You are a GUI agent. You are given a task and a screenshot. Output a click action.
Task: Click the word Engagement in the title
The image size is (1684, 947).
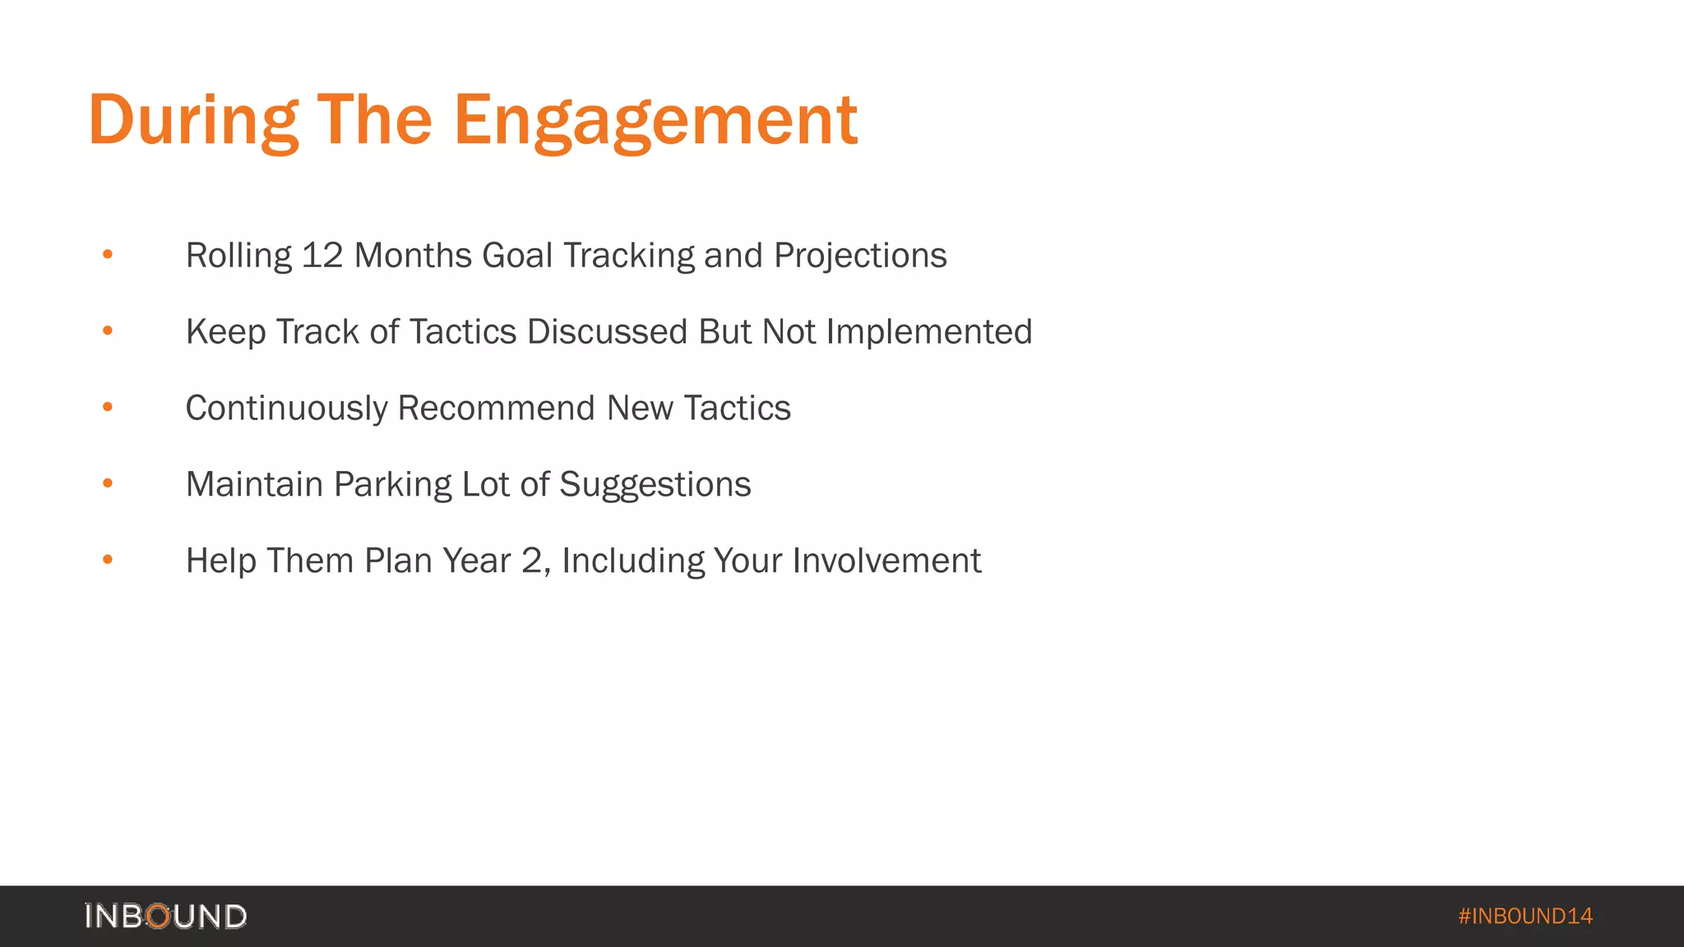coord(655,122)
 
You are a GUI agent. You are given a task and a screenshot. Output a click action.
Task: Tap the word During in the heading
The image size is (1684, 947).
coord(193,122)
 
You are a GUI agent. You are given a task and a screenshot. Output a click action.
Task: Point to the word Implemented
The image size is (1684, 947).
coord(929,332)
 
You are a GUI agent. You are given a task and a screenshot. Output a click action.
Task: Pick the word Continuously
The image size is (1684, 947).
coord(286,409)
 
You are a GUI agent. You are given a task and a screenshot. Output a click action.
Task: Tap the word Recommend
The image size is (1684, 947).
coord(496,409)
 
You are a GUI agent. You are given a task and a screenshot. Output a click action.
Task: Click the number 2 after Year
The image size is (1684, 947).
coord(533,561)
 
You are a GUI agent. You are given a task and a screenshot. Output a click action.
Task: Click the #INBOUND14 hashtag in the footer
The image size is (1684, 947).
coord(1525,916)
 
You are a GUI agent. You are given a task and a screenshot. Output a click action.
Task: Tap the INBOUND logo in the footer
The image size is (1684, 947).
coord(165,916)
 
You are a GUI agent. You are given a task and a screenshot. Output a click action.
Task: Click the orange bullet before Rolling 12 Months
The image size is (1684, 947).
coord(108,255)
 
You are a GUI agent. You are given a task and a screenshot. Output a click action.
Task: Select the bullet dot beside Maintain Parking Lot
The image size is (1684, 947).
coord(108,483)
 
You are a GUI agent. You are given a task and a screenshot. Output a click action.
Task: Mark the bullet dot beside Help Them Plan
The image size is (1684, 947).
coord(108,560)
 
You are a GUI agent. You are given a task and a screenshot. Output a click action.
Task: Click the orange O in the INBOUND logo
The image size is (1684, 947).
coord(158,916)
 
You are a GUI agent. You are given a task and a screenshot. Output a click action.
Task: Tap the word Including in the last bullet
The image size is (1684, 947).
coord(632,561)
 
